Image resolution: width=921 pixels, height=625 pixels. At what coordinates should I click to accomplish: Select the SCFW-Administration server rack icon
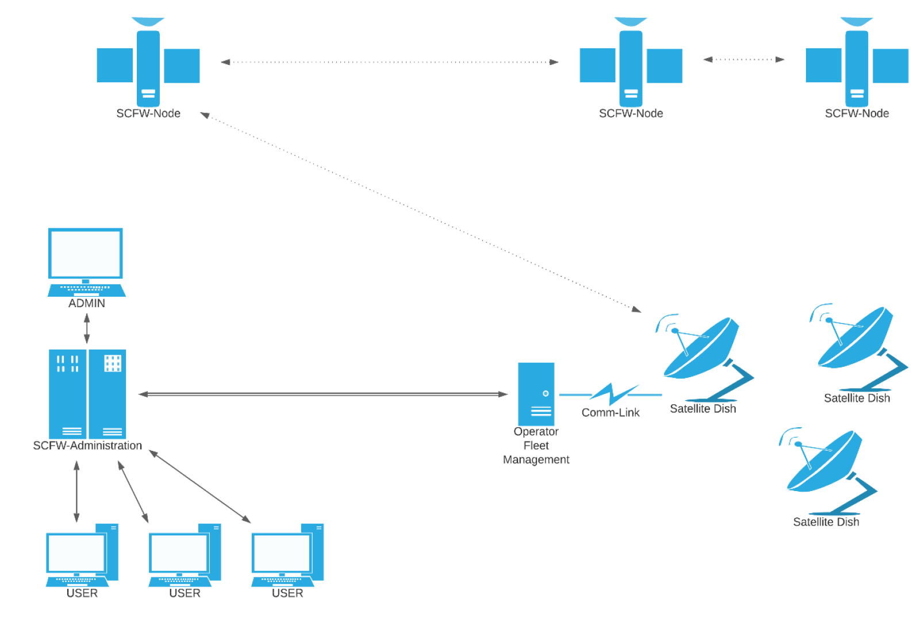point(87,394)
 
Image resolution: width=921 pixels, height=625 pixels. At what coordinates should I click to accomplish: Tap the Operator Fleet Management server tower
point(536,394)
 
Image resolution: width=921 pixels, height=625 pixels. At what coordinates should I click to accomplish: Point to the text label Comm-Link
point(610,413)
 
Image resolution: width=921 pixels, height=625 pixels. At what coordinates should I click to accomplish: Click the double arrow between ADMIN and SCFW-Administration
point(87,329)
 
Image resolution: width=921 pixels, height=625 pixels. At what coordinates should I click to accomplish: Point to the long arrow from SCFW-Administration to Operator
point(322,394)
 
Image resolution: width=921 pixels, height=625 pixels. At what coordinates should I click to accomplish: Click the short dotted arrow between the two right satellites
point(743,59)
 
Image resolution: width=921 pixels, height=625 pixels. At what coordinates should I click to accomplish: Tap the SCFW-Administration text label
point(87,446)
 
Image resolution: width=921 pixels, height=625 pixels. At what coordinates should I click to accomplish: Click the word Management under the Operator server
point(536,460)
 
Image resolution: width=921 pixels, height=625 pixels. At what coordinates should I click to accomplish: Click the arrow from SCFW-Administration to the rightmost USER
point(199,486)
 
